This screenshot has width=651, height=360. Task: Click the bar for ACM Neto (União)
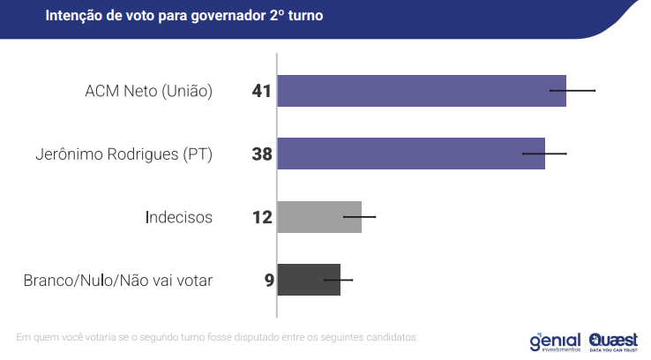click(422, 91)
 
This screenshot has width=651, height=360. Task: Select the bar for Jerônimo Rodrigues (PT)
click(411, 154)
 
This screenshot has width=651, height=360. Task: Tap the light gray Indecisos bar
click(319, 216)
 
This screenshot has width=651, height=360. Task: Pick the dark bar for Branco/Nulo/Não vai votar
click(309, 280)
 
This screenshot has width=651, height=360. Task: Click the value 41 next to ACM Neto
click(261, 91)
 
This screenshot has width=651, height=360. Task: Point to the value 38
click(261, 154)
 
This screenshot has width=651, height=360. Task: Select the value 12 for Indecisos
click(261, 217)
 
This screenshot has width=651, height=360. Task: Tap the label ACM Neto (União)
click(149, 91)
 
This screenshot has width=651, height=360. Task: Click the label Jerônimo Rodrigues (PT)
click(124, 154)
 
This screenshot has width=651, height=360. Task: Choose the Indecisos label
click(179, 217)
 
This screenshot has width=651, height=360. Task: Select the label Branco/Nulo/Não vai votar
click(118, 281)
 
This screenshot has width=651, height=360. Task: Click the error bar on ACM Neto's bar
click(572, 91)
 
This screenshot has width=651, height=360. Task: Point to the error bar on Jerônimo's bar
click(544, 154)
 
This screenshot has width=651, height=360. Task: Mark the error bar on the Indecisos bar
click(360, 216)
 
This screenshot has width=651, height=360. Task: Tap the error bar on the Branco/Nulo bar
click(339, 280)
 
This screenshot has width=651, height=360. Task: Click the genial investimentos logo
click(555, 340)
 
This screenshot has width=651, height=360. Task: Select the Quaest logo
click(613, 340)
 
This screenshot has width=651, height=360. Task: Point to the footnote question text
click(217, 337)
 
